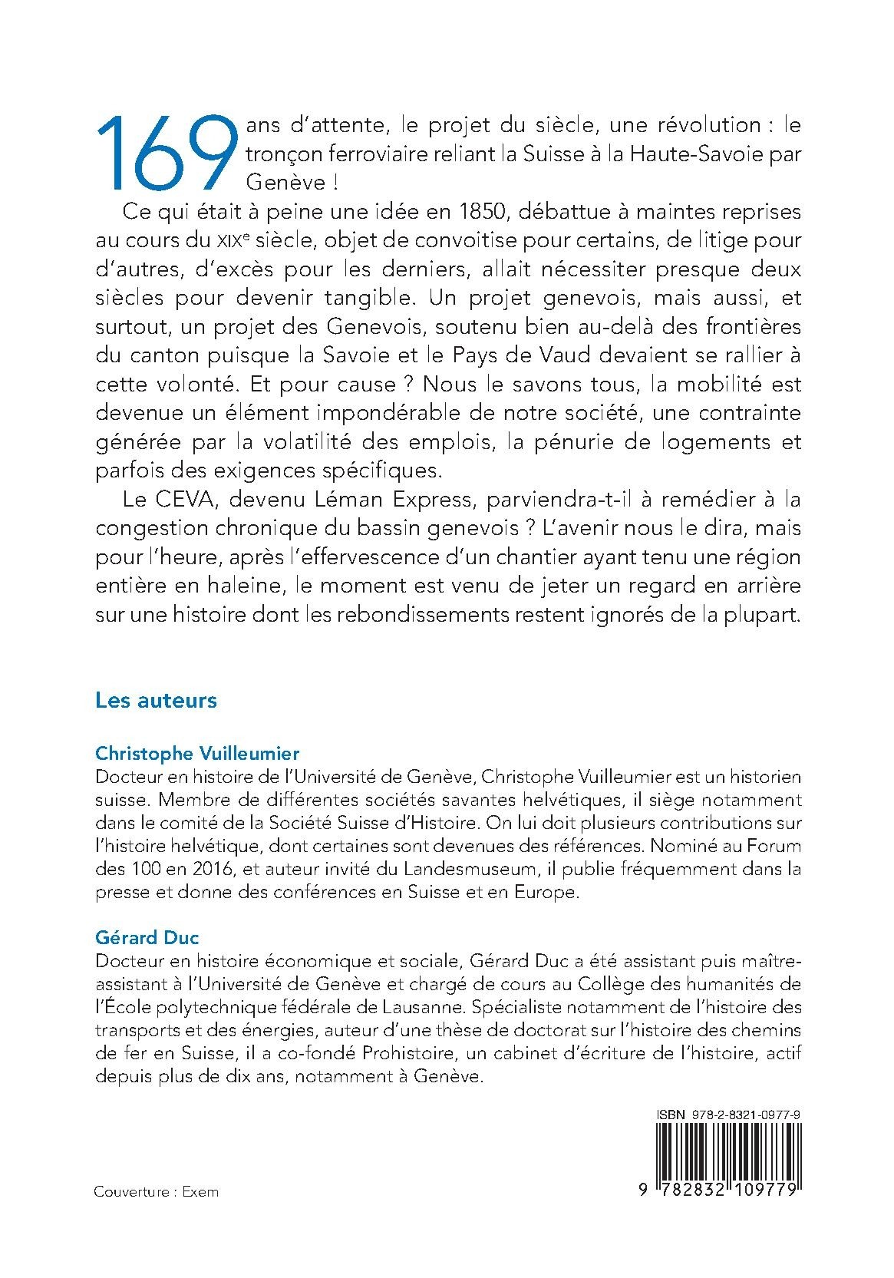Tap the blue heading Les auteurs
pyautogui.click(x=156, y=700)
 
